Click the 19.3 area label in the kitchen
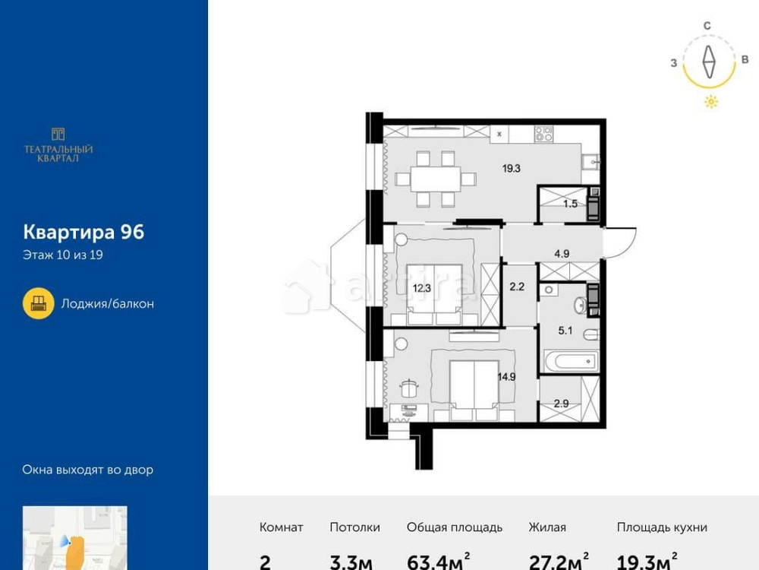tap(511, 169)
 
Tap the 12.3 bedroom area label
tap(422, 287)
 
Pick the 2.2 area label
tap(517, 287)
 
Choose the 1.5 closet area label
tap(571, 204)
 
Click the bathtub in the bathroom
tap(572, 359)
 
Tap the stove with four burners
tap(543, 135)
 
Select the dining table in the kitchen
tap(436, 179)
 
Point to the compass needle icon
tap(709, 63)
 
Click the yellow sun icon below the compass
tap(710, 103)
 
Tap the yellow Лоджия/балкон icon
tap(38, 303)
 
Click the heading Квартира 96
tap(83, 232)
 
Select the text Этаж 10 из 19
tap(63, 255)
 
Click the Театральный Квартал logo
tap(58, 144)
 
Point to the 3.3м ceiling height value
tap(351, 562)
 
